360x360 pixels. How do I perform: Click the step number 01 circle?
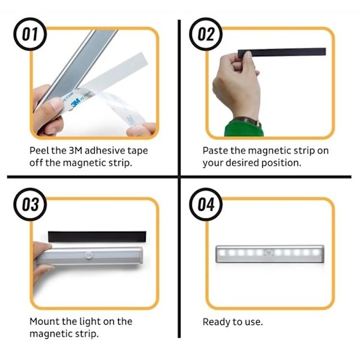tap(30, 34)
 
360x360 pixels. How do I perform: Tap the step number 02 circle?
tap(206, 34)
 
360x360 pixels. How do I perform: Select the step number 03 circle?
tap(30, 205)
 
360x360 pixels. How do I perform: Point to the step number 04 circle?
tap(206, 205)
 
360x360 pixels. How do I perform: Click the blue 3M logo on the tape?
tap(76, 103)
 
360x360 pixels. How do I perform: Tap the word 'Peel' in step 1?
tap(40, 151)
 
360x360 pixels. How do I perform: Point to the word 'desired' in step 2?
tap(242, 163)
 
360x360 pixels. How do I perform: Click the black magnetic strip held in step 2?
tap(282, 53)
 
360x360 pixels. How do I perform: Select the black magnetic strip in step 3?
tap(97, 236)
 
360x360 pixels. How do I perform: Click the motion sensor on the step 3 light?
tap(89, 254)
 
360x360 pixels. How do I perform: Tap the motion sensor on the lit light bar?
tap(269, 253)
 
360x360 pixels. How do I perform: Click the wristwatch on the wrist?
tap(247, 121)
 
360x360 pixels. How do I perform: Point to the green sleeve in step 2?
tap(244, 129)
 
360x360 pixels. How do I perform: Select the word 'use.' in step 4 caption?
tap(254, 322)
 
